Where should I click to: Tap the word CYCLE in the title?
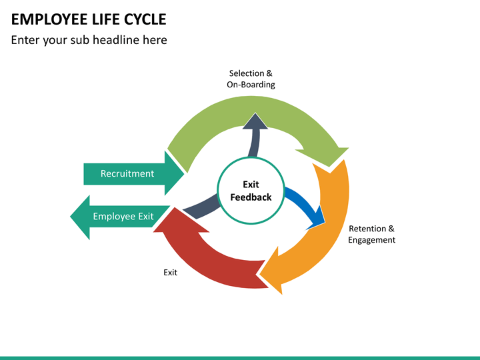pos(145,19)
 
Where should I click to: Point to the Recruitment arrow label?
pos(127,173)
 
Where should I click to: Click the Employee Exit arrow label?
pos(123,217)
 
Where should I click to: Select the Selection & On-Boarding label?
pos(251,79)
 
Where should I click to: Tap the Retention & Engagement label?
pos(371,234)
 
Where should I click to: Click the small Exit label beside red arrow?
pos(170,273)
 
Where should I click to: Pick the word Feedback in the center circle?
pos(251,197)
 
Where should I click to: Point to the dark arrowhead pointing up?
pos(255,121)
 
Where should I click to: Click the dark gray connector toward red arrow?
pos(201,207)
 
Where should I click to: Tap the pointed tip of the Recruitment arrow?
pos(184,173)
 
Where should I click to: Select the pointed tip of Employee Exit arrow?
pos(71,217)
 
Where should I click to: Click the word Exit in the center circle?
pos(251,185)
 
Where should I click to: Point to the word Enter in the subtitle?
pos(25,40)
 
